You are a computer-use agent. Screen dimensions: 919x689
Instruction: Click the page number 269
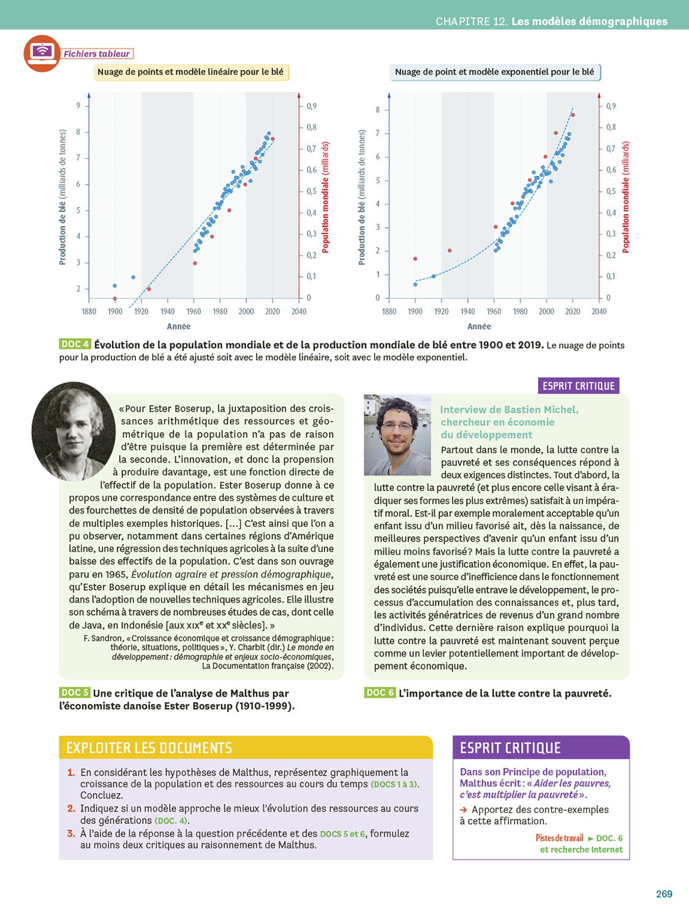point(664,894)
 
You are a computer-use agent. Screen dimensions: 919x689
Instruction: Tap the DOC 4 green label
point(75,344)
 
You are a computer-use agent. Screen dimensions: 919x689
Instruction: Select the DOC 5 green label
point(75,692)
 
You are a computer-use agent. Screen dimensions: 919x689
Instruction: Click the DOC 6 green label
point(380,692)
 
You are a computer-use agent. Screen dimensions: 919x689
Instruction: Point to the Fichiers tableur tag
point(97,54)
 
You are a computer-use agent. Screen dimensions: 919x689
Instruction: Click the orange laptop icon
point(42,53)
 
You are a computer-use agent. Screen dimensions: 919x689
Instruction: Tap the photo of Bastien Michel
point(397,435)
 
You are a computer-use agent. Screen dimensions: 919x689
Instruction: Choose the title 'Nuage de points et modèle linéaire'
point(190,72)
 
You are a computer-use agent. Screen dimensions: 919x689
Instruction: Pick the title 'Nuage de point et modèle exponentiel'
point(494,72)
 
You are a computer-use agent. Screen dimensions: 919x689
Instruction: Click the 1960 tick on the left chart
point(194,312)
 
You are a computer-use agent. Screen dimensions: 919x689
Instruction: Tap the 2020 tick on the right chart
point(573,312)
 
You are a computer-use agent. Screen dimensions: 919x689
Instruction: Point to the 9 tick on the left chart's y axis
point(78,105)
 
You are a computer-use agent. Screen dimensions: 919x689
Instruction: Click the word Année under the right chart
point(479,327)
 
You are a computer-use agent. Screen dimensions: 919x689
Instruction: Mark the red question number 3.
point(71,833)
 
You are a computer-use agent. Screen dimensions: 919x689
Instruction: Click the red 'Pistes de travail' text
point(559,838)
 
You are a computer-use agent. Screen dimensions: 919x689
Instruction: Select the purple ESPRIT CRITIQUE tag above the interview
point(578,386)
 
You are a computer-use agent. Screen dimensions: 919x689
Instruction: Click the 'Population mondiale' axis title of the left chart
point(325,197)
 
